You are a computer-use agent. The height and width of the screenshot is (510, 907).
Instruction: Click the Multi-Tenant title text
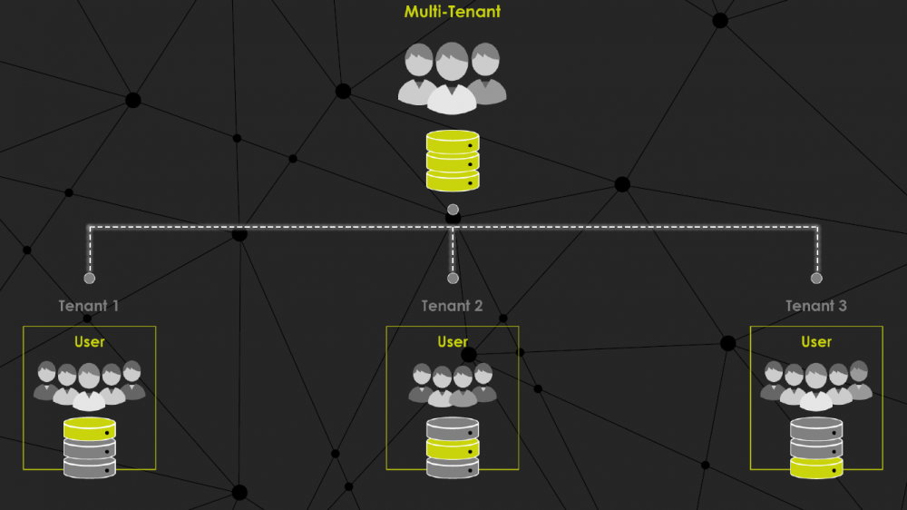coord(452,13)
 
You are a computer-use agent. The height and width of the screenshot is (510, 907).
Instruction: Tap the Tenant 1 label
coord(89,306)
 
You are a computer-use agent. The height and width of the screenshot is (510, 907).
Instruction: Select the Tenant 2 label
coord(453,306)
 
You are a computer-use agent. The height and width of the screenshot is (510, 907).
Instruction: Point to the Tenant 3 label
coord(816,306)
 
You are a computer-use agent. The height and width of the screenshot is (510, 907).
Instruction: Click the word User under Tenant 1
coord(89,342)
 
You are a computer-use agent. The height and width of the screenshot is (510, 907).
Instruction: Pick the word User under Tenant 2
coord(453,342)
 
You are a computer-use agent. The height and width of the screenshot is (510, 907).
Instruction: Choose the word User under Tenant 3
coord(816,342)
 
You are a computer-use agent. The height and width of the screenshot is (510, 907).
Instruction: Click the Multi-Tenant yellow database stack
coord(453,161)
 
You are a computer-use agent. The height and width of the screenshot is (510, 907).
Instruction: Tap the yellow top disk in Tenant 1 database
coord(89,427)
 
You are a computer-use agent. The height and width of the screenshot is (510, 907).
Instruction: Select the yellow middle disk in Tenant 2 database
coord(453,447)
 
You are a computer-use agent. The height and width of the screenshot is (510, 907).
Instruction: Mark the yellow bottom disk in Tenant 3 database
coord(816,467)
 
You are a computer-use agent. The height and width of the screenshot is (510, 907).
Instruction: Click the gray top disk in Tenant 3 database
coord(816,427)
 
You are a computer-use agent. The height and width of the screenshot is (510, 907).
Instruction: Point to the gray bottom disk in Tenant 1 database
coord(89,467)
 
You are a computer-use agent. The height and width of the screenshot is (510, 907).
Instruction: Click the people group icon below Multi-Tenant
coord(452,77)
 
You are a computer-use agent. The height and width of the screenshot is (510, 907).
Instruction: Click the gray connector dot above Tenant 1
coord(89,279)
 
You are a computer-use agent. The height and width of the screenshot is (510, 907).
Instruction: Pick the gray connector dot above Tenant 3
coord(816,279)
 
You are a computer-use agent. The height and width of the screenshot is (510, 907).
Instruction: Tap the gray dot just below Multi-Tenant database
coord(453,210)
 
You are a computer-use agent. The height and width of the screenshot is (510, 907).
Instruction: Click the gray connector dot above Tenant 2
coord(453,279)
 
